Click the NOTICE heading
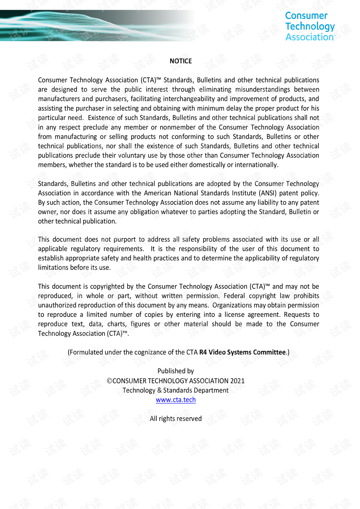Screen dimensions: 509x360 pos(180,61)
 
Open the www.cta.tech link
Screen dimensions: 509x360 pos(175,400)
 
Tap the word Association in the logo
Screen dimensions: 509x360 pos(309,37)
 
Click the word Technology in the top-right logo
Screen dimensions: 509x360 pos(310,26)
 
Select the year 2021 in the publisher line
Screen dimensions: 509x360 pos(237,381)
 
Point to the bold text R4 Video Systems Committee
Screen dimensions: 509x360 pos(242,352)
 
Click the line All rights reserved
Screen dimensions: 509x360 pos(175,419)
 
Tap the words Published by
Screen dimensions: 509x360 pos(175,371)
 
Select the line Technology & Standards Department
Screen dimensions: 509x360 pos(175,390)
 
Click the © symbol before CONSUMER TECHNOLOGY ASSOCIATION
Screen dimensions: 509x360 pos(109,381)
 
